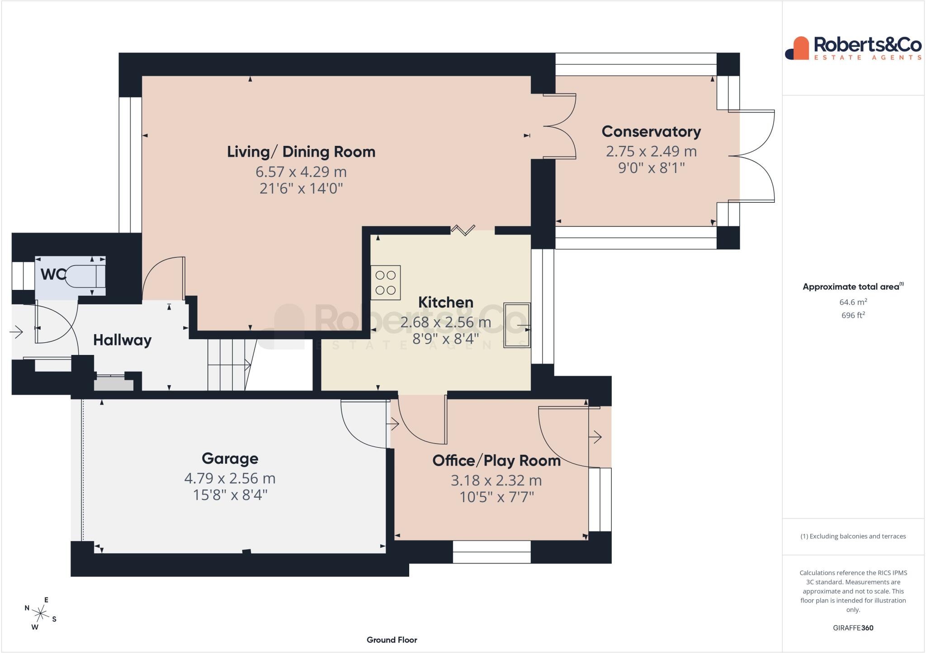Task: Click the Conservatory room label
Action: pyautogui.click(x=651, y=131)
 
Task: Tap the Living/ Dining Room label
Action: pyautogui.click(x=301, y=152)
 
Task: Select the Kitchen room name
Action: pyautogui.click(x=446, y=302)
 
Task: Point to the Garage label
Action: pyautogui.click(x=230, y=458)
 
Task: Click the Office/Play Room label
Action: pyautogui.click(x=496, y=461)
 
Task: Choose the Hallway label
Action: pyautogui.click(x=122, y=340)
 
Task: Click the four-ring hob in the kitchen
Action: pyautogui.click(x=386, y=283)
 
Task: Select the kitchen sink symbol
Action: pyautogui.click(x=518, y=325)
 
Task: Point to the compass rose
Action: pyautogui.click(x=41, y=614)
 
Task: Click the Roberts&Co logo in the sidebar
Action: pyautogui.click(x=853, y=48)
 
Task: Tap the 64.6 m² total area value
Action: pyautogui.click(x=853, y=302)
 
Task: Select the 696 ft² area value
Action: pyautogui.click(x=853, y=315)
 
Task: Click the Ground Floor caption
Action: pyautogui.click(x=392, y=640)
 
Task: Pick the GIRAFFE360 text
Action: pyautogui.click(x=853, y=628)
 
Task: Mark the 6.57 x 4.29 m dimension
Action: pyautogui.click(x=301, y=172)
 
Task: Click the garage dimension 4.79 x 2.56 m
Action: pyautogui.click(x=230, y=478)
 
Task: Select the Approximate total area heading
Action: pyautogui.click(x=853, y=286)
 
